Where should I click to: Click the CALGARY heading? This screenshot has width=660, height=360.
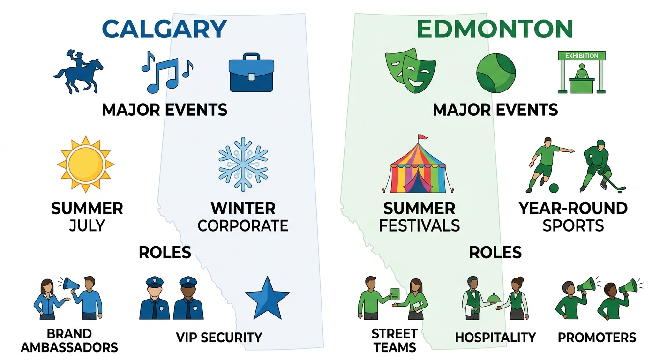[x=164, y=29]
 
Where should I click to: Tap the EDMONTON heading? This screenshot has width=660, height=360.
[x=495, y=29]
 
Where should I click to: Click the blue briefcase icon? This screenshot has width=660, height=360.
[x=251, y=74]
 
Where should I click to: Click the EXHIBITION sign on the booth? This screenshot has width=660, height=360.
[x=582, y=56]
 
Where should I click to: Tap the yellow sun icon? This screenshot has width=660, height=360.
[x=85, y=164]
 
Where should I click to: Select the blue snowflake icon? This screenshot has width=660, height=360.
[x=243, y=164]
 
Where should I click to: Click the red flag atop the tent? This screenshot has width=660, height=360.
[x=423, y=137]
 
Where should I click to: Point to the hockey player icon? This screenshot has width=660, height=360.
[x=601, y=166]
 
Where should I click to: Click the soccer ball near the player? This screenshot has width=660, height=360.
[x=554, y=188]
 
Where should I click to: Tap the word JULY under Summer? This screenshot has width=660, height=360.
[x=87, y=226]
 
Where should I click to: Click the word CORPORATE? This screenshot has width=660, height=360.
[x=243, y=226]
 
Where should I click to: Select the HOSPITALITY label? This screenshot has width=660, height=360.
[x=495, y=337]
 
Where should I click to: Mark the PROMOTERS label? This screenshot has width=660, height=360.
[x=597, y=337]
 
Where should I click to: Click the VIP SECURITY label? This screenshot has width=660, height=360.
[x=219, y=337]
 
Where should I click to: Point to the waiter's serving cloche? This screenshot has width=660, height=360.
[x=493, y=298]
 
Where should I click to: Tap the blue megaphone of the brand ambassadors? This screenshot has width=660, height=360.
[x=71, y=284]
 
